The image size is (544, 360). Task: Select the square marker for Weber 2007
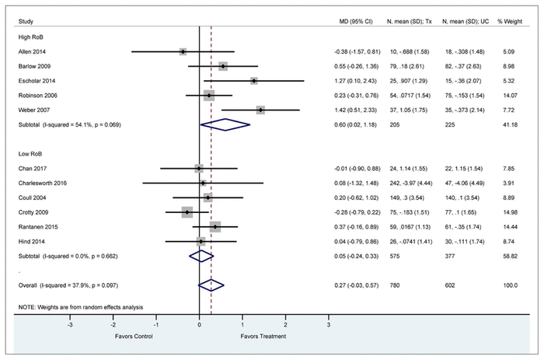pyautogui.click(x=260, y=110)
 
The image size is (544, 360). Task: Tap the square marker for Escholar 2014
pyautogui.click(x=254, y=81)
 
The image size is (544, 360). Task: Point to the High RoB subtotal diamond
pyautogui.click(x=225, y=124)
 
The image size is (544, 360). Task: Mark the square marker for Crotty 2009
pyautogui.click(x=187, y=211)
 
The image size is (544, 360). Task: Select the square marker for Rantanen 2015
pyautogui.click(x=215, y=226)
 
